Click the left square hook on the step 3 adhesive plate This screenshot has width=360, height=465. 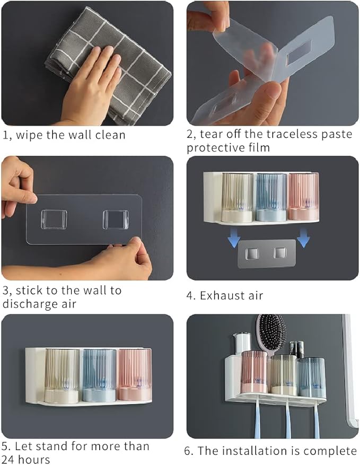[x=54, y=220]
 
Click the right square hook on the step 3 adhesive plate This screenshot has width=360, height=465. [x=116, y=220]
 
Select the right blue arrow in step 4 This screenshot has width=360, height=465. [x=303, y=240]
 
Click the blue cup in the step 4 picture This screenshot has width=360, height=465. [x=271, y=196]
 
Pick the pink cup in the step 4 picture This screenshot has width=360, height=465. [x=303, y=196]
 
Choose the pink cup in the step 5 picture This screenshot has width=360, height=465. [x=135, y=374]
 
